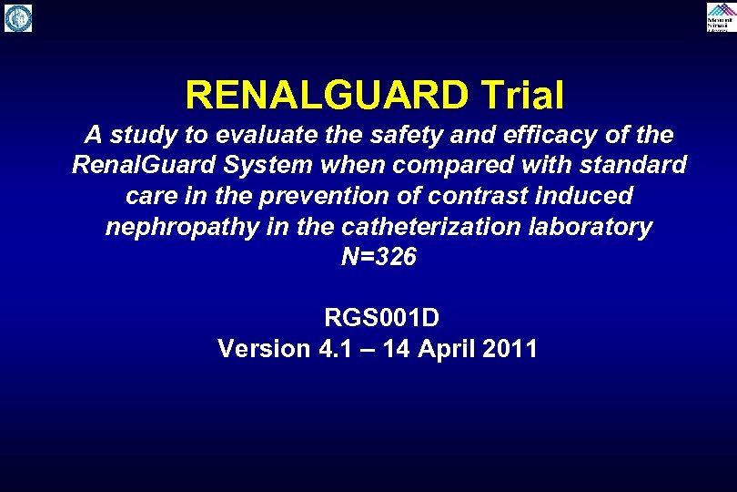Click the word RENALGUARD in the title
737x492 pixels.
coord(323,94)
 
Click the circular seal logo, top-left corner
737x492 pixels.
coord(18,17)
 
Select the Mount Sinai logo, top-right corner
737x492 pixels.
coord(720,16)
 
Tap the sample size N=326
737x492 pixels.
coord(379,257)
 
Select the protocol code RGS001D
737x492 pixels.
coord(381,318)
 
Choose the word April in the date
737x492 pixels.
coord(449,348)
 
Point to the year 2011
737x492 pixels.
coord(510,348)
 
